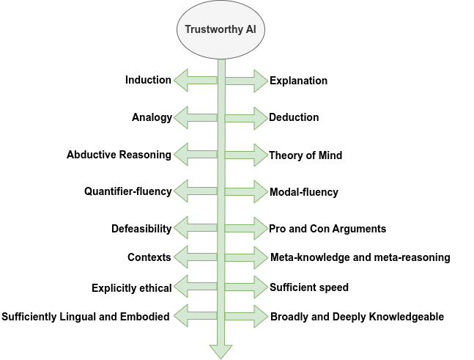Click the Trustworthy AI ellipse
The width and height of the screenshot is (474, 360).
(221, 29)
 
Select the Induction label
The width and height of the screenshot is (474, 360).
(148, 80)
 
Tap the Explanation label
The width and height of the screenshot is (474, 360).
(298, 81)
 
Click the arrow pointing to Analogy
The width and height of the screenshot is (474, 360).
(196, 118)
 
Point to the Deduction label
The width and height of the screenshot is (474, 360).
(294, 117)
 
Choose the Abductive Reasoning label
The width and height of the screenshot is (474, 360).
(119, 155)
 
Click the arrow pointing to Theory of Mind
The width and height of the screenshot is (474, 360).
(246, 155)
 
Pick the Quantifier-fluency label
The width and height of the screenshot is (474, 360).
(128, 191)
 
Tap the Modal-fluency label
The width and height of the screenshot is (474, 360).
(304, 192)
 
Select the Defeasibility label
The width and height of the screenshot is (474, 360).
(141, 229)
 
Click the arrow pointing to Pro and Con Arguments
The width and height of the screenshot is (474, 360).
(246, 229)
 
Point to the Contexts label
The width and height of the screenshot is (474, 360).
(149, 257)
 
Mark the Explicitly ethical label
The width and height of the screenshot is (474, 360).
(131, 288)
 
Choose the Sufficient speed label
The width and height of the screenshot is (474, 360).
(309, 287)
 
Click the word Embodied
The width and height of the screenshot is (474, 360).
(145, 317)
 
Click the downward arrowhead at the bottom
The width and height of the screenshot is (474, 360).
(221, 352)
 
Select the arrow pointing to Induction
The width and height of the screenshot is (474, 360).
(196, 80)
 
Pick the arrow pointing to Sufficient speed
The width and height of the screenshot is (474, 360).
(246, 287)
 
